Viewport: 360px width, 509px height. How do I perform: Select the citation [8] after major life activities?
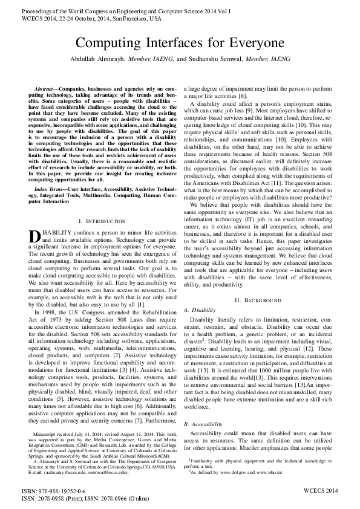[242, 97]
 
